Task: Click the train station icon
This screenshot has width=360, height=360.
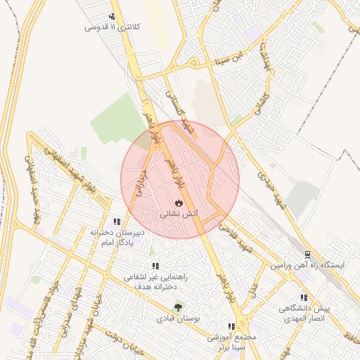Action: point(307,255)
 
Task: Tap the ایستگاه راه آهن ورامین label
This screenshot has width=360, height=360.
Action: point(309,266)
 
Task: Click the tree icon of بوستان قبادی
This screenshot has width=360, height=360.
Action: point(178,307)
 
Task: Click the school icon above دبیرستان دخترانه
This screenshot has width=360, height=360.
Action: point(117,221)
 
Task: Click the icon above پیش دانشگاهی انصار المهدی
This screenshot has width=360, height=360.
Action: point(304,298)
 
